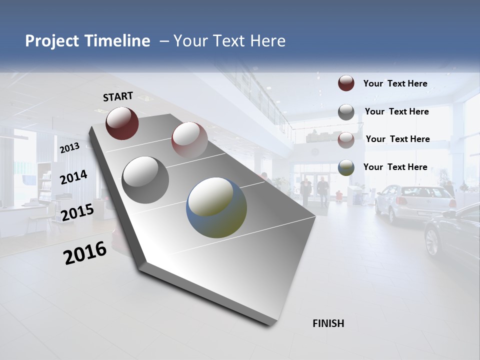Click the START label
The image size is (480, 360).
point(118,96)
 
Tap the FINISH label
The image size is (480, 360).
point(328,323)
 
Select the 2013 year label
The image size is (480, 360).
point(69,148)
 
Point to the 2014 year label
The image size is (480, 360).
point(73,177)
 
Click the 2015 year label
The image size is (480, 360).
point(77,212)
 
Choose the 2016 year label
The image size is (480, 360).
point(85,253)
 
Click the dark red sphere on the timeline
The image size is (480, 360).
point(122,123)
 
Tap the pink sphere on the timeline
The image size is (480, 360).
point(189,139)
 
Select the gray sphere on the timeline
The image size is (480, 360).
point(145,180)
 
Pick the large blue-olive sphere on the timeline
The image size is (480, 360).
point(216,207)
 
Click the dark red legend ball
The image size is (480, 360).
point(346,83)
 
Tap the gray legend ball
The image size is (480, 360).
point(346,112)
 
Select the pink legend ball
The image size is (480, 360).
point(346,140)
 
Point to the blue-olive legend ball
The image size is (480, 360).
point(346,167)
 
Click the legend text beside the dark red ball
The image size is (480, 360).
point(395,83)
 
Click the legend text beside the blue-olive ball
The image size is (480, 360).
point(395,167)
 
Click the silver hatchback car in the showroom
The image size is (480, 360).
point(415,202)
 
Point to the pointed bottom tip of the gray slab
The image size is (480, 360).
point(270,323)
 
